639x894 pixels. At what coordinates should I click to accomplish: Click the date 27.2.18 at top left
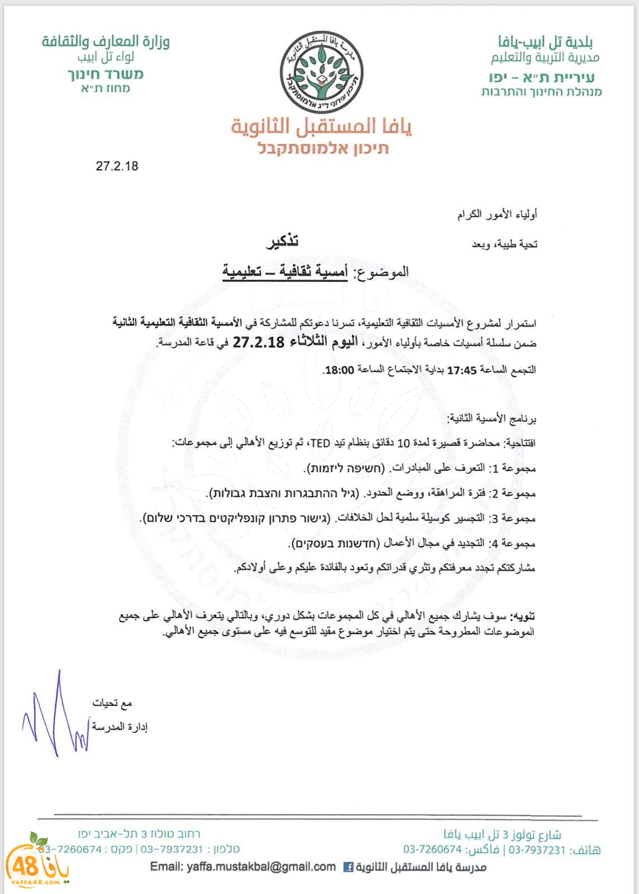pos(117,166)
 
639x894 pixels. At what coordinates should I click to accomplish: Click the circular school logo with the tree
pos(321,72)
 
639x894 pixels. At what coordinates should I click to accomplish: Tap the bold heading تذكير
pos(282,241)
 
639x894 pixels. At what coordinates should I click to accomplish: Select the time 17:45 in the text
pos(461,370)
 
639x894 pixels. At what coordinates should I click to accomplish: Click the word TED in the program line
pos(320,443)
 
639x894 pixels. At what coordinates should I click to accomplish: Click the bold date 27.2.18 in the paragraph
pos(259,342)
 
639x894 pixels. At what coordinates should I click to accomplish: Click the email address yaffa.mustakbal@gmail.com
pos(242,867)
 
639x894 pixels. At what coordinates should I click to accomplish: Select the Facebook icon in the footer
pos(347,867)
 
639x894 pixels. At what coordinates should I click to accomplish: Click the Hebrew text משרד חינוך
pos(106,74)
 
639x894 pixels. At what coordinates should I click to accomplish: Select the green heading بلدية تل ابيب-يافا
pos(545,41)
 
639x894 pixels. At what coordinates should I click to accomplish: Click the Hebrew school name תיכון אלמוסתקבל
pos(323,148)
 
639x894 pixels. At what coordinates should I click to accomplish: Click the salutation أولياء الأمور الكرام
pos(497,215)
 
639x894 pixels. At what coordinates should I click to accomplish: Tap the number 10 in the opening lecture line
pos(403,443)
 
